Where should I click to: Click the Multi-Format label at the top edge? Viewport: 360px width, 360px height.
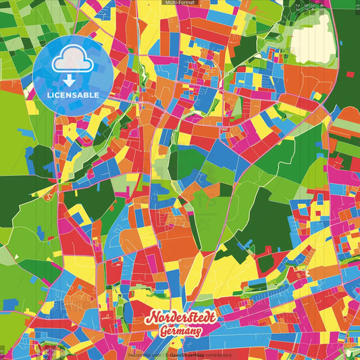[180, 3]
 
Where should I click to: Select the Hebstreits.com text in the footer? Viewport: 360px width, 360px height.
[143, 355]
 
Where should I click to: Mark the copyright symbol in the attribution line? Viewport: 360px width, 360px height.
[163, 355]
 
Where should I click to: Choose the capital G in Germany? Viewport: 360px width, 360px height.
[163, 332]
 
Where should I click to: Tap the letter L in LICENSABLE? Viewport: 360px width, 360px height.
[49, 95]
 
